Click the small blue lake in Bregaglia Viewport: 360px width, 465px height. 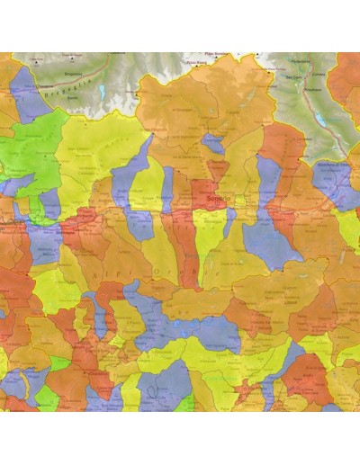102,92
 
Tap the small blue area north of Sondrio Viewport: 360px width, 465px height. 213,142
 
